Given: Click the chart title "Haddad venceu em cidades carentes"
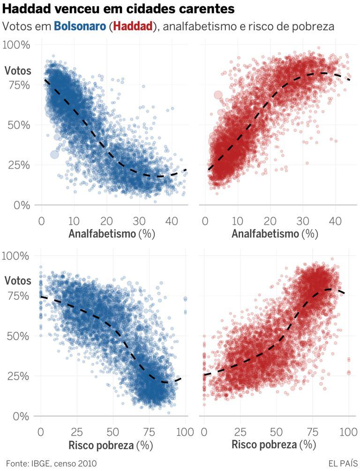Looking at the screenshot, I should [x=119, y=9].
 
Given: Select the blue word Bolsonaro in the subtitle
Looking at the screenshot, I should [x=80, y=26].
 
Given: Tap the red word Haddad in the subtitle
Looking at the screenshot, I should [x=133, y=26].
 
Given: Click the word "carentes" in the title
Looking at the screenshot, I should [x=205, y=9].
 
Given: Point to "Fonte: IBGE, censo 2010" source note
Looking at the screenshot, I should [x=51, y=463].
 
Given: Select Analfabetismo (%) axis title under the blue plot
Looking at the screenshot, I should [x=112, y=233].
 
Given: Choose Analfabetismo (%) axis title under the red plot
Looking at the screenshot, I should [x=274, y=233].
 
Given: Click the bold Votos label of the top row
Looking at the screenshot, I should [x=18, y=71].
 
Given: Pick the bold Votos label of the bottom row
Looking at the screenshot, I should [x=18, y=281].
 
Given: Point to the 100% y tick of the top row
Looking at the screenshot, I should [x=16, y=45].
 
